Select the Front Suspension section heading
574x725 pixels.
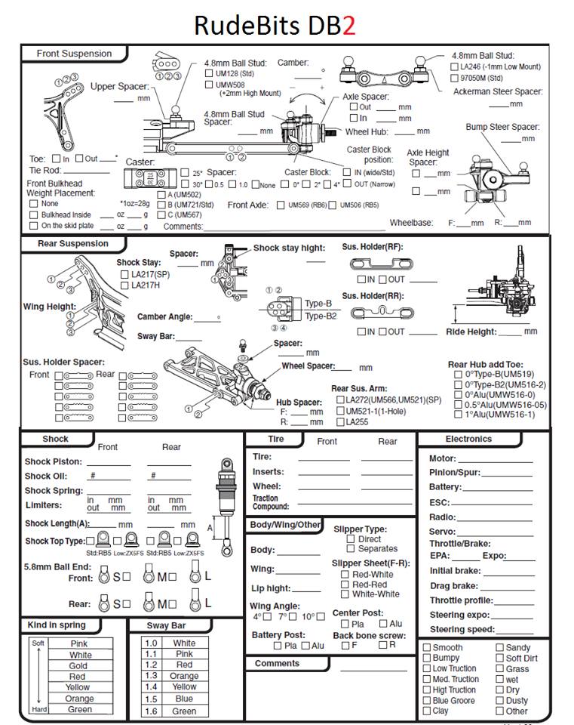[74, 54]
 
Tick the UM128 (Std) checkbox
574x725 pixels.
[209, 74]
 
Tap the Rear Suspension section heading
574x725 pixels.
[72, 244]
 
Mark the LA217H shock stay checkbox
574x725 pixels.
[124, 285]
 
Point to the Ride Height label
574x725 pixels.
[471, 332]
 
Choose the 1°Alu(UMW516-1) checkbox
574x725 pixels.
[458, 414]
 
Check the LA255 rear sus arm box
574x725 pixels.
[340, 422]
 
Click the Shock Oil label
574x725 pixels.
[46, 476]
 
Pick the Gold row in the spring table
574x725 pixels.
[78, 666]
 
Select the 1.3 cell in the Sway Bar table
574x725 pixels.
[151, 676]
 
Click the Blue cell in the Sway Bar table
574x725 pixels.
[184, 699]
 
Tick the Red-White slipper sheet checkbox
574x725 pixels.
[345, 575]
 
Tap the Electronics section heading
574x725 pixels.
[468, 439]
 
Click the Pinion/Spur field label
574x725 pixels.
[454, 472]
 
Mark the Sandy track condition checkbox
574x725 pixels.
[499, 647]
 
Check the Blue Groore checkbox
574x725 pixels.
[427, 700]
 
